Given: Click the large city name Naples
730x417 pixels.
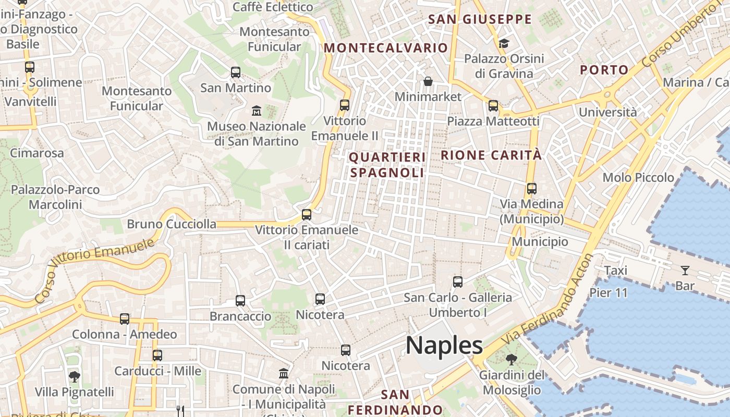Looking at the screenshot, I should click(x=444, y=345).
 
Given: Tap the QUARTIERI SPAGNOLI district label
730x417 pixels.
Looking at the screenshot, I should click(x=387, y=165).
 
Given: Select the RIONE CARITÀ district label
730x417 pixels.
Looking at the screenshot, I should click(x=491, y=155).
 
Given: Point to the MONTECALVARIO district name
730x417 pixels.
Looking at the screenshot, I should click(x=386, y=48).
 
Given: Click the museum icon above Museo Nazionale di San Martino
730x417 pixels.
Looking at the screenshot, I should click(x=257, y=111).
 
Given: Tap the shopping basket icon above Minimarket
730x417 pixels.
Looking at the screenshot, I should click(x=428, y=81).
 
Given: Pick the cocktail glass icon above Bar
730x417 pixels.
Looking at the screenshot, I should click(x=685, y=270).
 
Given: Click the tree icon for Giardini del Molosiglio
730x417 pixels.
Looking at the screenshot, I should click(x=512, y=359).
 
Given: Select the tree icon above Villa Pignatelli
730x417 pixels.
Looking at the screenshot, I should click(x=75, y=376).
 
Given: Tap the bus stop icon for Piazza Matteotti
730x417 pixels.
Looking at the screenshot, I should click(x=493, y=106).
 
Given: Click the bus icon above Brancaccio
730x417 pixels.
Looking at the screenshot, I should click(x=240, y=300).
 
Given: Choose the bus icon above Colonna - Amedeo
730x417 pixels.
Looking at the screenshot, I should click(x=124, y=318).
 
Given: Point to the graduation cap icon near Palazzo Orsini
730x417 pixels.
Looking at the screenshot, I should click(x=504, y=43).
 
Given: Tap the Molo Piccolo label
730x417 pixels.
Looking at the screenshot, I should click(x=638, y=177).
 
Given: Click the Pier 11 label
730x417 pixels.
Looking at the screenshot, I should click(x=608, y=292).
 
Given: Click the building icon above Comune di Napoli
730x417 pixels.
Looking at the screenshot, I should click(x=284, y=373).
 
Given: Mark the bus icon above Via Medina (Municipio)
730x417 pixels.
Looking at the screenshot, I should click(x=531, y=189).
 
